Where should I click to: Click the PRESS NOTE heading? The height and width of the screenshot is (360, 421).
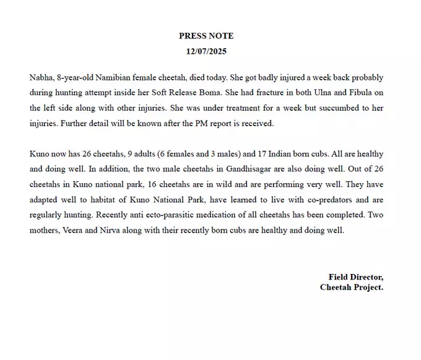(x=206, y=36)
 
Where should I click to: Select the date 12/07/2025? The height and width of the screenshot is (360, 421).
(x=206, y=51)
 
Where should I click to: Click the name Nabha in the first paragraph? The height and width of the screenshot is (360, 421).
(x=41, y=77)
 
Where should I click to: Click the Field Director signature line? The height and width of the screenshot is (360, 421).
(x=355, y=276)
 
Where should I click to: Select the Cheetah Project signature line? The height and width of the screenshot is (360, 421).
(x=351, y=287)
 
